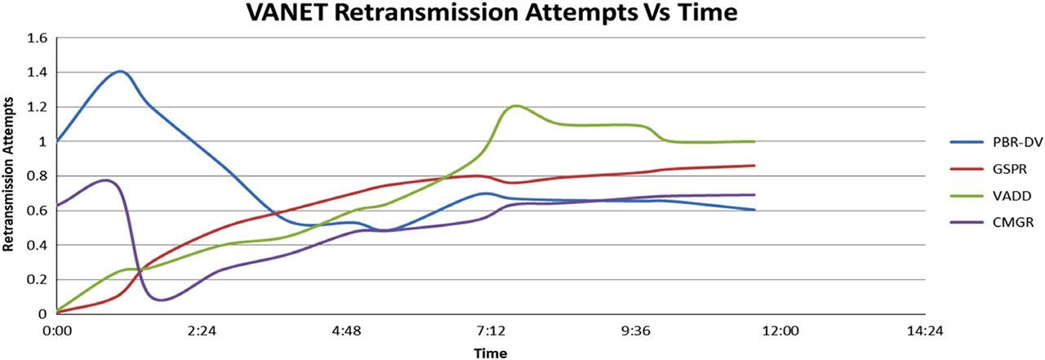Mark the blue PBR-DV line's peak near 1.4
pos(121,71)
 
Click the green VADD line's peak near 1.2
pos(516,105)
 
